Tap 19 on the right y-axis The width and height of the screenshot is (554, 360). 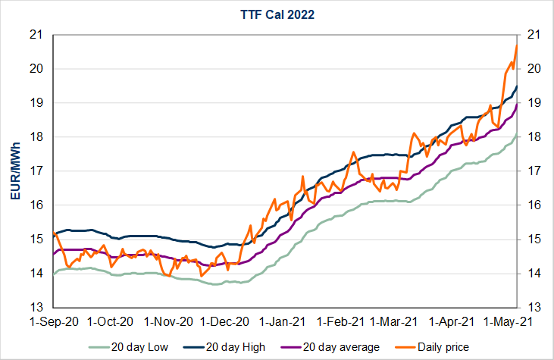533,102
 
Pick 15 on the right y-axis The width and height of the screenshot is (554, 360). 533,239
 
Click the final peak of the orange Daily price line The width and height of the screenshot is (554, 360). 517,45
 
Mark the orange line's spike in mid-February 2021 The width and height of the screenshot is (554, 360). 353,152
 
